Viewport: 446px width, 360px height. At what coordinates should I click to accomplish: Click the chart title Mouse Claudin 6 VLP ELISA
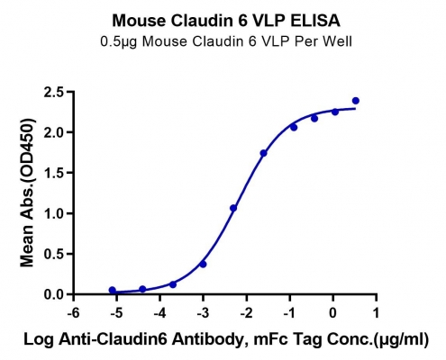pyautogui.click(x=226, y=21)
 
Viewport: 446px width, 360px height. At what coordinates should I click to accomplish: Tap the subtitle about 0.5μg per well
pyautogui.click(x=226, y=41)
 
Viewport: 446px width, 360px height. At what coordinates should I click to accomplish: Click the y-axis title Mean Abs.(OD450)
pyautogui.click(x=27, y=193)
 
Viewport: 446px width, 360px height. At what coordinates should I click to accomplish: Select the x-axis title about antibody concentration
pyautogui.click(x=226, y=339)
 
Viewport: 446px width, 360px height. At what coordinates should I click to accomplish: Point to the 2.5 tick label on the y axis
pyautogui.click(x=55, y=92)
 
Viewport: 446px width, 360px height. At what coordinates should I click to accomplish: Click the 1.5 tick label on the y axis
pyautogui.click(x=55, y=173)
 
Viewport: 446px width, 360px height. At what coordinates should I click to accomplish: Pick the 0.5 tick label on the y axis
pyautogui.click(x=55, y=254)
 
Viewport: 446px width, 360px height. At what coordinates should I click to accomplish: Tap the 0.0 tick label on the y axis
pyautogui.click(x=55, y=294)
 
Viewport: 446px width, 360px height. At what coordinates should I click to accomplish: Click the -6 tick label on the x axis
pyautogui.click(x=73, y=313)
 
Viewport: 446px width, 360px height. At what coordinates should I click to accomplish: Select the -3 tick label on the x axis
pyautogui.click(x=203, y=313)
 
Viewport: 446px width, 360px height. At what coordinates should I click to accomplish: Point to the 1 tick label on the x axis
pyautogui.click(x=376, y=313)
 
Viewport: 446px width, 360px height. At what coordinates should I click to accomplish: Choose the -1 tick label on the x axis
pyautogui.click(x=289, y=313)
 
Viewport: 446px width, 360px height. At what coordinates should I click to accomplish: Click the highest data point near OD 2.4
pyautogui.click(x=356, y=101)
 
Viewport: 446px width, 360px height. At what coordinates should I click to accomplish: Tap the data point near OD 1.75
pyautogui.click(x=263, y=153)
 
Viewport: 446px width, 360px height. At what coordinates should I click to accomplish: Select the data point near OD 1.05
pyautogui.click(x=233, y=208)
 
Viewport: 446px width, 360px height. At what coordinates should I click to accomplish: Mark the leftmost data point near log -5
pyautogui.click(x=113, y=290)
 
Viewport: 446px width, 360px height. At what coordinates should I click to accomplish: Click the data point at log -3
pyautogui.click(x=203, y=265)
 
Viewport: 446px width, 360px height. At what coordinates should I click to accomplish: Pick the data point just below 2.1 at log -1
pyautogui.click(x=294, y=128)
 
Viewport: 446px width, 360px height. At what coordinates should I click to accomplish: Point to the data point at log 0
pyautogui.click(x=335, y=112)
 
